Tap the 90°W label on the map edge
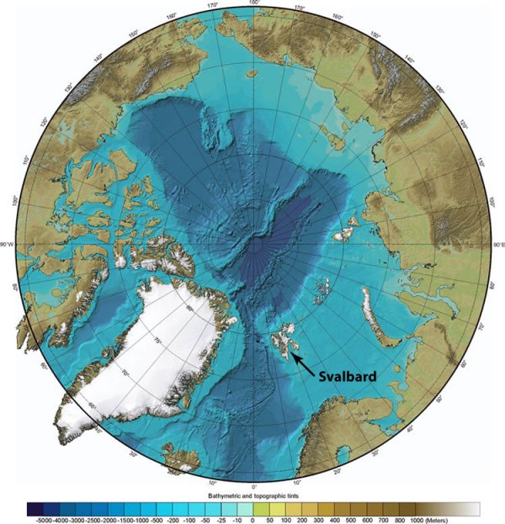(10, 245)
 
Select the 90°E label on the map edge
(497, 245)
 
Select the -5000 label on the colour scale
(37, 519)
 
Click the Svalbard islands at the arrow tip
(284, 340)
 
